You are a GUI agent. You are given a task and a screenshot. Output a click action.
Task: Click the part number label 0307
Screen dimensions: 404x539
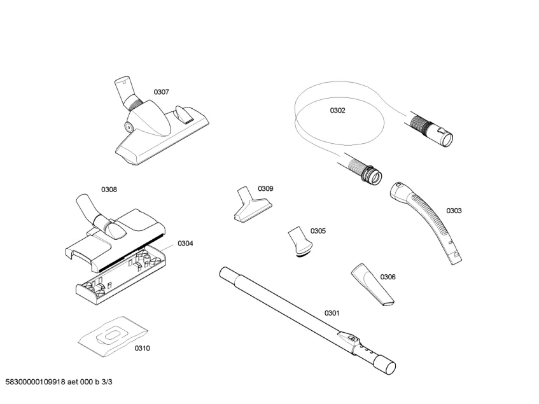(161, 92)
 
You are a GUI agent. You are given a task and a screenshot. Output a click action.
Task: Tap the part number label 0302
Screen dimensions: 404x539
(337, 110)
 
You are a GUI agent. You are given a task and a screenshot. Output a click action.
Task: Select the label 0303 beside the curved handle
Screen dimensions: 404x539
(454, 211)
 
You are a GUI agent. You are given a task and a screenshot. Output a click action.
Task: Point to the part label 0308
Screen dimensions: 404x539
(109, 190)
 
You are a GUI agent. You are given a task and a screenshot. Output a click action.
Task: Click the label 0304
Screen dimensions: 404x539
(185, 243)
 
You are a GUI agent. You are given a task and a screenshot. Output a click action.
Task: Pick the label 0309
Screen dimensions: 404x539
(265, 189)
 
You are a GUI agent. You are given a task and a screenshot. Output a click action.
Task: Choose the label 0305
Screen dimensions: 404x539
(318, 231)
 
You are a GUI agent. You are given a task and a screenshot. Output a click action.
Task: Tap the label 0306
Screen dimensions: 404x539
(388, 277)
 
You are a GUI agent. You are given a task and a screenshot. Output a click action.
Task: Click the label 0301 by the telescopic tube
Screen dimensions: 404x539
(332, 313)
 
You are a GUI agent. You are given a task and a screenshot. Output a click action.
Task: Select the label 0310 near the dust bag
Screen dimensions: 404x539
(142, 348)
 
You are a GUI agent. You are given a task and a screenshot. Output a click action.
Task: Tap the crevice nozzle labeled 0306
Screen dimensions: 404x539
(372, 282)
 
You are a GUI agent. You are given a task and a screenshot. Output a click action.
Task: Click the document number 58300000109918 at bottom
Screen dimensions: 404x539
(39, 382)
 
